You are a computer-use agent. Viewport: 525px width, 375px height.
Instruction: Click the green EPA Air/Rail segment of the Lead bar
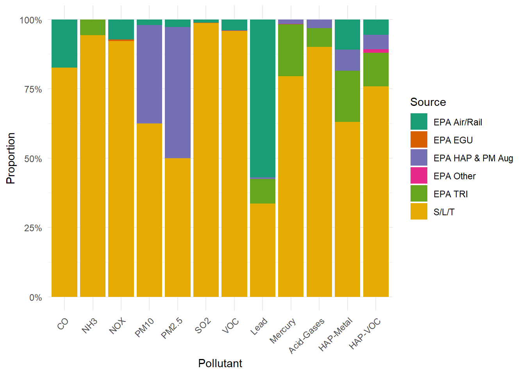(262, 98)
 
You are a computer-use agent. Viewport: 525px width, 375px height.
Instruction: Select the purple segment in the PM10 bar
(149, 74)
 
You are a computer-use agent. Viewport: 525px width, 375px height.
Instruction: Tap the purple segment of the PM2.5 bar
(178, 93)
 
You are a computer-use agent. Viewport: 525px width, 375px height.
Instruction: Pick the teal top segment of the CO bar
(64, 44)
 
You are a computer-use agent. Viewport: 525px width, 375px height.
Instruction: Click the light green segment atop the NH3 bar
(93, 27)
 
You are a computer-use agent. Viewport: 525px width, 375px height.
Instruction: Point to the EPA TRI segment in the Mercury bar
(291, 50)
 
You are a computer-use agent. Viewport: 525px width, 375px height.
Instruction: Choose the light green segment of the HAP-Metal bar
(347, 96)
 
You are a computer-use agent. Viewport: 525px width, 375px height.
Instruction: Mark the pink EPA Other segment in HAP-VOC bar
(376, 51)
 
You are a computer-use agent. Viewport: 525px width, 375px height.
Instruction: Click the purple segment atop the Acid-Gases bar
(319, 24)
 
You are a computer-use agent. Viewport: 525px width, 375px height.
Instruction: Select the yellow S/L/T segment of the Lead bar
(262, 250)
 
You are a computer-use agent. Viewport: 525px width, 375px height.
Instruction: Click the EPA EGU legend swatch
(419, 139)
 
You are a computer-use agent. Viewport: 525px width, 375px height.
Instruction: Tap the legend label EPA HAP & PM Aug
(473, 158)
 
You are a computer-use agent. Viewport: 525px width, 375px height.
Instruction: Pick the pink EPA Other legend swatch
(419, 175)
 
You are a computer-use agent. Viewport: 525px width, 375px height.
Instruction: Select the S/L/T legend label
(444, 212)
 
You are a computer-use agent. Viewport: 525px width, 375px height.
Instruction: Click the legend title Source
(428, 102)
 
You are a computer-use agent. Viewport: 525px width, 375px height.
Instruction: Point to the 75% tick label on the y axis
(33, 89)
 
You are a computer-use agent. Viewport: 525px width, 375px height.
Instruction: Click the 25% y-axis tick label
(33, 228)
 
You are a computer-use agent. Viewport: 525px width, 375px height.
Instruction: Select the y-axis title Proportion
(11, 158)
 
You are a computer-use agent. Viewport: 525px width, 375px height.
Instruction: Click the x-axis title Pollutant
(220, 364)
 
